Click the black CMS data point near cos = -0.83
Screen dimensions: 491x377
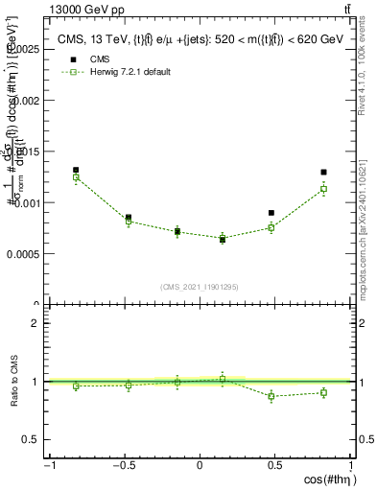[76, 170]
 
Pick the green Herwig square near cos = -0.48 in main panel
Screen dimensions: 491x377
[129, 222]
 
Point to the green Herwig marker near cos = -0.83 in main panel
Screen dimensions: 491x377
[76, 177]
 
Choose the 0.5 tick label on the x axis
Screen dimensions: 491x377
[275, 465]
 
